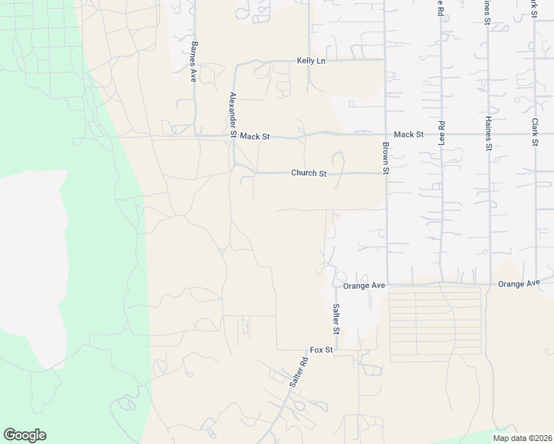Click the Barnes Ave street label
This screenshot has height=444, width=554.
click(193, 61)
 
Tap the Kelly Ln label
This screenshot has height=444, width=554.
click(311, 61)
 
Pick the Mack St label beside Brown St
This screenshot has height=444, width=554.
click(408, 135)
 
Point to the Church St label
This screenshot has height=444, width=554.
click(309, 173)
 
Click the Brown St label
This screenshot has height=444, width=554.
click(386, 158)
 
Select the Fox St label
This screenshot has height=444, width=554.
click(322, 349)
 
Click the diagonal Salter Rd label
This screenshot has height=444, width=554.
click(298, 374)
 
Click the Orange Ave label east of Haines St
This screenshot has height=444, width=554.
click(519, 284)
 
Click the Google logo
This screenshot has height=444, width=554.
click(24, 435)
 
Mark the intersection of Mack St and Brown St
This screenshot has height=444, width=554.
click(386, 134)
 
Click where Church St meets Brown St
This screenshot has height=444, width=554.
click(386, 173)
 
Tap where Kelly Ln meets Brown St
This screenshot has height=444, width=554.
click(385, 60)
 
